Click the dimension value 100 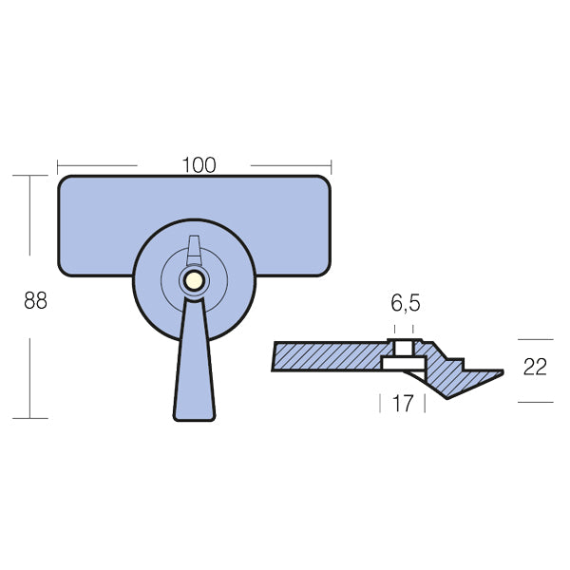(x=199, y=164)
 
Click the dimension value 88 (x=35, y=301)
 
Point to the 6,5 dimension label (x=406, y=304)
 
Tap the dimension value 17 (x=403, y=403)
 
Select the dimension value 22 (x=535, y=368)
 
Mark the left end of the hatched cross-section (x=275, y=357)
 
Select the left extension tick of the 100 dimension (x=57, y=164)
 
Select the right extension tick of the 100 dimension (x=332, y=164)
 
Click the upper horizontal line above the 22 (x=535, y=339)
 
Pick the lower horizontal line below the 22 (x=535, y=402)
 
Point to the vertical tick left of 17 (x=381, y=403)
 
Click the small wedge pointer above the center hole (x=193, y=249)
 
